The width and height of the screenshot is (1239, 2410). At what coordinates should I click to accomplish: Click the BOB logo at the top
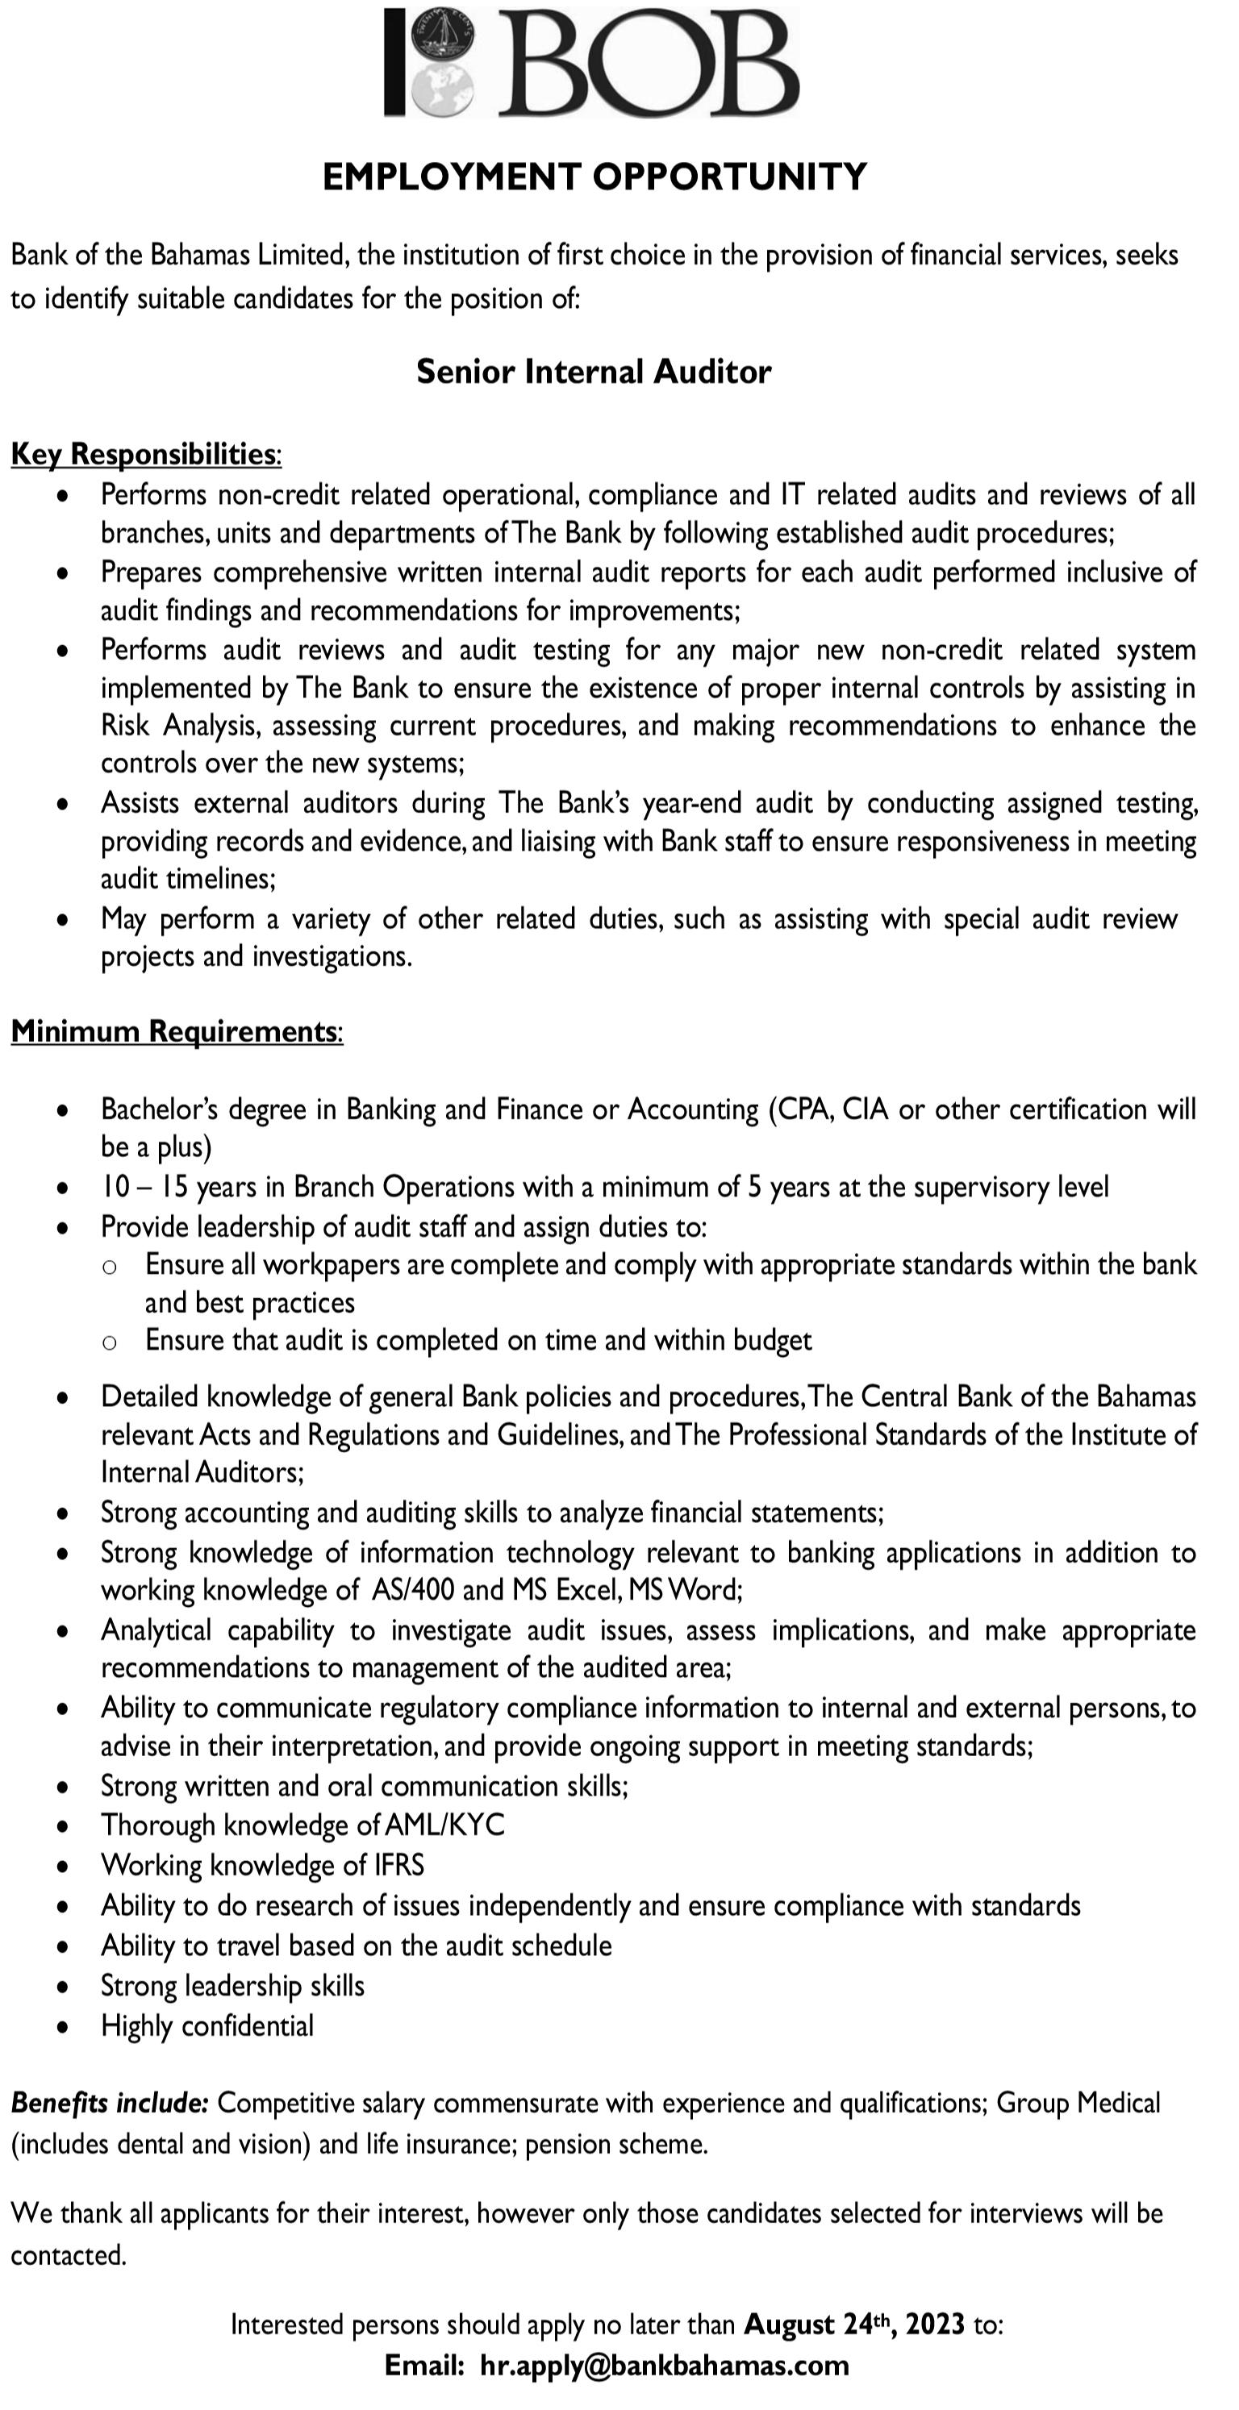point(591,64)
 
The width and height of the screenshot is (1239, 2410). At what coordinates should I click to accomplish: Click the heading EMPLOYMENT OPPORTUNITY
point(594,177)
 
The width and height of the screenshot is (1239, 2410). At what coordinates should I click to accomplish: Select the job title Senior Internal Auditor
point(594,373)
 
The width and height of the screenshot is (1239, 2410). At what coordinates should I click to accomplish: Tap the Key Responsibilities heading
point(145,454)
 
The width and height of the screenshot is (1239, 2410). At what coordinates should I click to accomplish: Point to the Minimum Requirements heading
point(176,1031)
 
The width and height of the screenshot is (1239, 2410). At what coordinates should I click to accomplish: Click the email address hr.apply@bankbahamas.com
point(665,2366)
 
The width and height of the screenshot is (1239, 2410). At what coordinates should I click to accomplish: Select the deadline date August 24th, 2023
point(854,2325)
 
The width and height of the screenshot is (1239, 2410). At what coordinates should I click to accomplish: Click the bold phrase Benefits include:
point(110,2103)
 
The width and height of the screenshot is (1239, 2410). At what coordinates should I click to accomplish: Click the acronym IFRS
point(399,1866)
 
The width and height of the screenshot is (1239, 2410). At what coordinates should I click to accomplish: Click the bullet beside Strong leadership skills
point(62,1988)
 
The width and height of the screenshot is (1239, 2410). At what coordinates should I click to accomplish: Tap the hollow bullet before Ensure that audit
point(110,1342)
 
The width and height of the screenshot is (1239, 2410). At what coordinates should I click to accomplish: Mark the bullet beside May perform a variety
point(62,920)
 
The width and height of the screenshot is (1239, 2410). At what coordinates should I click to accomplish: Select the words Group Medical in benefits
point(1078,2103)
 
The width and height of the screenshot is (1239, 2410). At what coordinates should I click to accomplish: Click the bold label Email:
point(424,2366)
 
